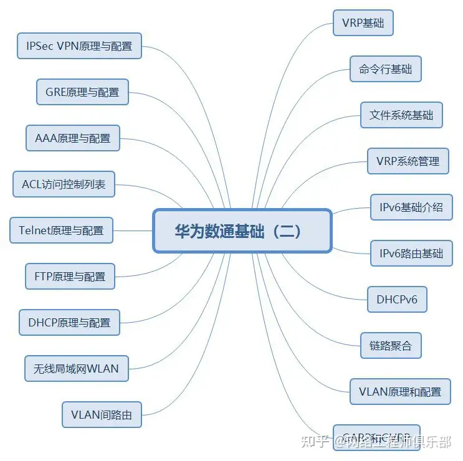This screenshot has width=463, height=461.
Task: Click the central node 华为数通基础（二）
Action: (x=242, y=231)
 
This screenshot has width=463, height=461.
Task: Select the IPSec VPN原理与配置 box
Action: (x=79, y=46)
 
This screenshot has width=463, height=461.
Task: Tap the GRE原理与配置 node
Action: (x=82, y=92)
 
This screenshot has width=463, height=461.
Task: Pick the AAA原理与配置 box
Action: (x=72, y=138)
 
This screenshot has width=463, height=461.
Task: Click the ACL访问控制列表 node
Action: (x=64, y=184)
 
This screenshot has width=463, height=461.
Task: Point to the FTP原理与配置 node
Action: (x=70, y=277)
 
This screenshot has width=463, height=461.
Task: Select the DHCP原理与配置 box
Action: (x=69, y=322)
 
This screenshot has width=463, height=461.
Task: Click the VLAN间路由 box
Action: (x=102, y=414)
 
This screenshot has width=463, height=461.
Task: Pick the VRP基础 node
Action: (x=363, y=24)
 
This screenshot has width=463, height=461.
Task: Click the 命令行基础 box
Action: (x=385, y=69)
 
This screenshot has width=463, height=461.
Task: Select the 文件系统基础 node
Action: (x=401, y=115)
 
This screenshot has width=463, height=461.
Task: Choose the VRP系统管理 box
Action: (x=408, y=161)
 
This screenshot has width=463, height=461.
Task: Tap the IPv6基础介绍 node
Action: (x=411, y=207)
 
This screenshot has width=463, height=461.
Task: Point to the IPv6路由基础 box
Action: (x=411, y=253)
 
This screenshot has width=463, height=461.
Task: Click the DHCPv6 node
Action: (x=397, y=300)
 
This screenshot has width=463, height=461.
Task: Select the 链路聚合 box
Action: (x=391, y=345)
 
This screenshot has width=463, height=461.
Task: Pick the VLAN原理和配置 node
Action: (x=400, y=391)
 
